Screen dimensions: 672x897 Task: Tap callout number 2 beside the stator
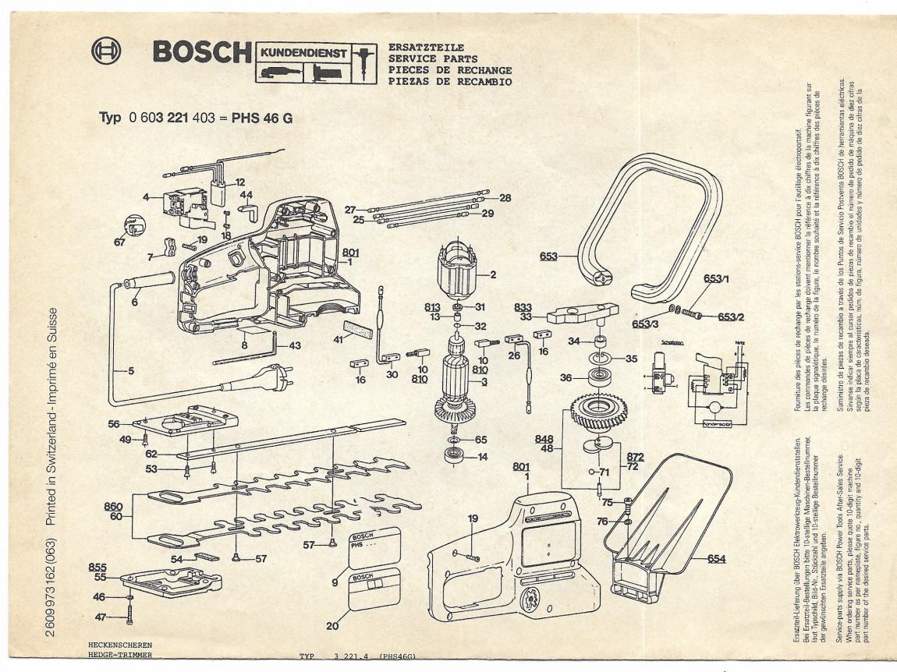(493, 274)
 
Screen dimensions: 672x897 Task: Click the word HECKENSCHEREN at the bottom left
(115, 646)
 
